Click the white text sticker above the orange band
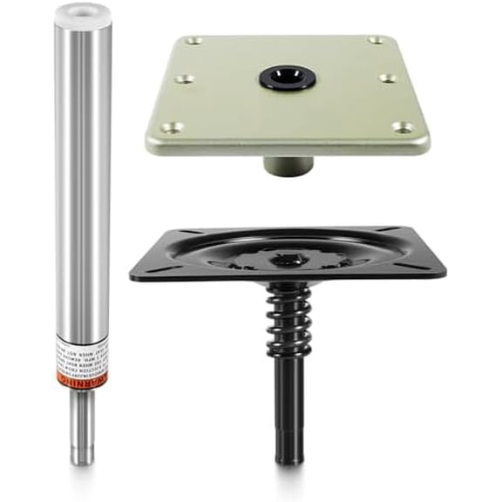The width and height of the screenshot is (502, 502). pos(83,353)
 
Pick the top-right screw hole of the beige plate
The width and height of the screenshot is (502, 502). pos(376,40)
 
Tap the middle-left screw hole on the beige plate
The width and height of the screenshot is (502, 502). pos(183,79)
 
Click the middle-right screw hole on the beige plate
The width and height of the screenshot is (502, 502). pos(388,78)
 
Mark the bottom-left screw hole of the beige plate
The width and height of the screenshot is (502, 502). pos(171,127)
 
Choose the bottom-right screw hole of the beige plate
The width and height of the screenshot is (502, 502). pos(403,127)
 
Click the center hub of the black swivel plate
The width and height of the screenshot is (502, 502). pos(288,258)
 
